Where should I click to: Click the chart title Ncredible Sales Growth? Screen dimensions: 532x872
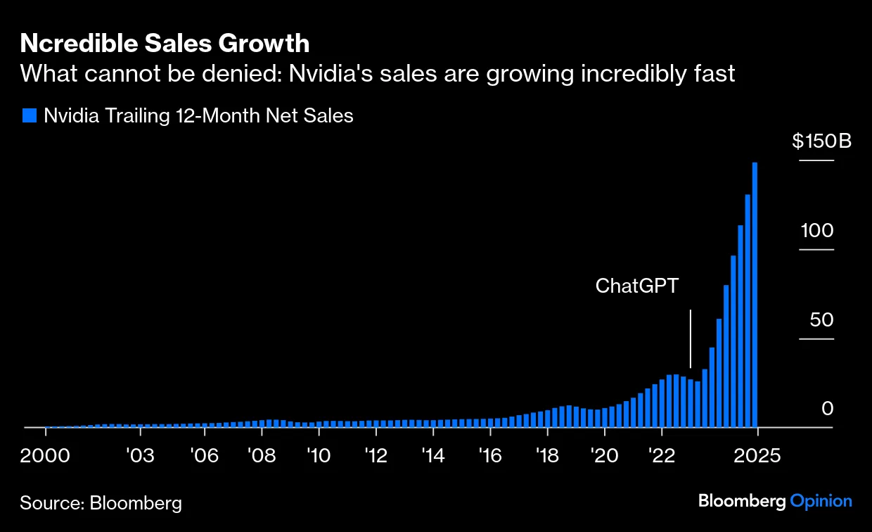(165, 44)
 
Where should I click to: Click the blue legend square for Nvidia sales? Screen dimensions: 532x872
(29, 115)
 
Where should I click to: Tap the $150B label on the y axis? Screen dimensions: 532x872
(821, 141)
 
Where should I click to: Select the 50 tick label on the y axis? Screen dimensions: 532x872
(821, 319)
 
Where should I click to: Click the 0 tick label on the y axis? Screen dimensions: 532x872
(826, 409)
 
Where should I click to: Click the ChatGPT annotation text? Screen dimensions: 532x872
(638, 286)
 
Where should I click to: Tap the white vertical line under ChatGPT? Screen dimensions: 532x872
(691, 338)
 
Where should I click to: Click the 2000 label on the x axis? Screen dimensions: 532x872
(45, 455)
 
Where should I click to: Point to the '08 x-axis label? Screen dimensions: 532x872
(261, 455)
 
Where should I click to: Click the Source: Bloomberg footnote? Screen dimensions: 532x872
(101, 503)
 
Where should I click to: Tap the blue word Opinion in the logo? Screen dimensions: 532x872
(821, 501)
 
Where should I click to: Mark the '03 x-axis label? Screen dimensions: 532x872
(139, 455)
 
